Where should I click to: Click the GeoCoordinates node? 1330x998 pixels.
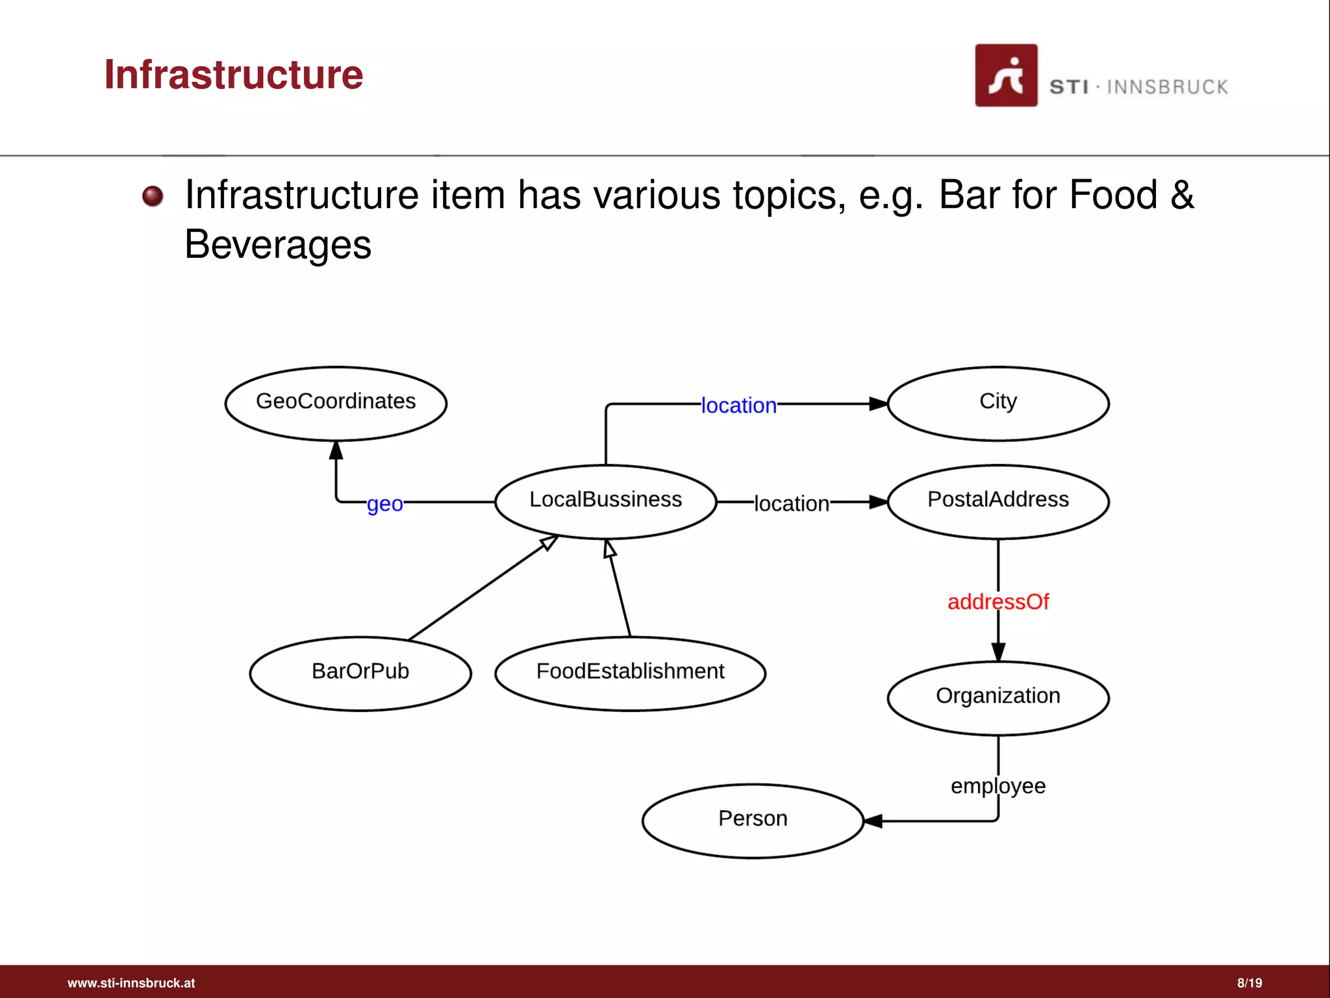(336, 403)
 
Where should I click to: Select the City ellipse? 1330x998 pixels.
(998, 403)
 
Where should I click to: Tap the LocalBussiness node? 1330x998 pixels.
(605, 501)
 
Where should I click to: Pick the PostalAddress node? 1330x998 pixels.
(998, 501)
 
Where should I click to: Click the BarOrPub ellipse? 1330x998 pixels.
(360, 673)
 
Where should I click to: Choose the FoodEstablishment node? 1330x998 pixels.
(630, 673)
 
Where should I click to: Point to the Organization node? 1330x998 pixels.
(998, 698)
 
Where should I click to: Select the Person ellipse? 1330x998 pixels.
(753, 821)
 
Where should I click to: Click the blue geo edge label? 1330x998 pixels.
(385, 504)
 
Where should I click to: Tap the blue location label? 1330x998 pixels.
(738, 405)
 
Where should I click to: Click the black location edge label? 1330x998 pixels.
(791, 504)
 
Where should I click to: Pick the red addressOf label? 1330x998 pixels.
(998, 602)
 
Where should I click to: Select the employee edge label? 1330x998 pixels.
(998, 786)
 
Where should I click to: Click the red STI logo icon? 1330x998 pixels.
(1006, 75)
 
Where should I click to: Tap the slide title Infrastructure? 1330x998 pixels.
(234, 74)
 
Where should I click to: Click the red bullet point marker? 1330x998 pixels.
(153, 196)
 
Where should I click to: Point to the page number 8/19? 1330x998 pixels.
(1249, 983)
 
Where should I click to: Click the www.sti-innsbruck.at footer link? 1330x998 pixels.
(131, 983)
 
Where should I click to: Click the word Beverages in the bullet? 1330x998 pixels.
(278, 245)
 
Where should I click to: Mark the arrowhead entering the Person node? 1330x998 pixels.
(873, 821)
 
